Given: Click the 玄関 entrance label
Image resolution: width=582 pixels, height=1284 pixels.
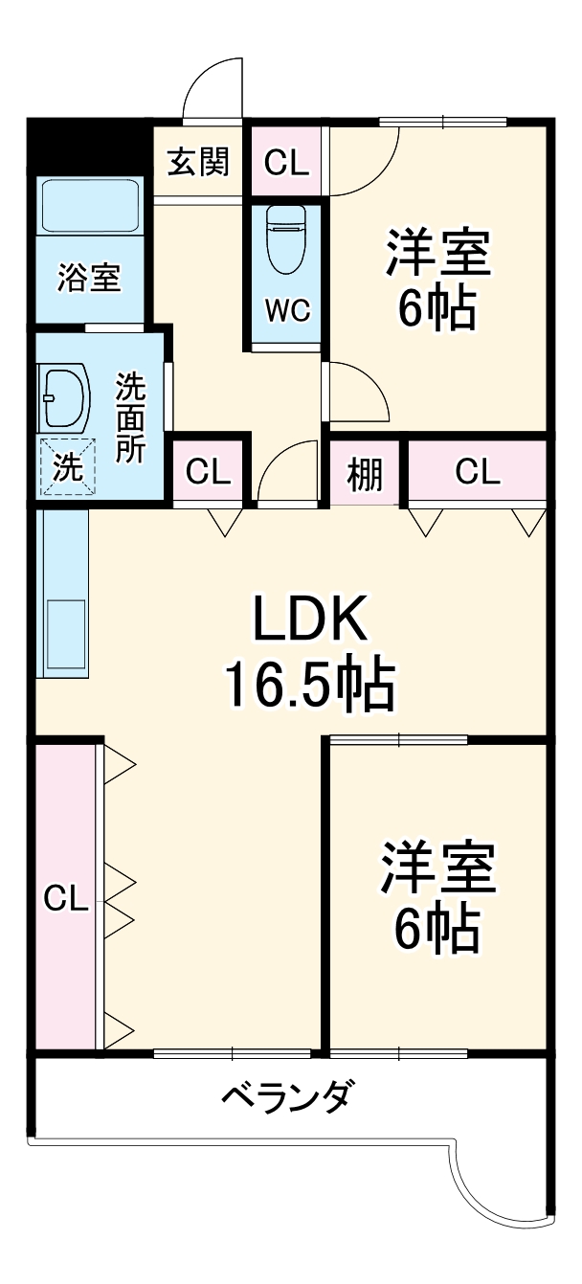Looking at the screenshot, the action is click(199, 163).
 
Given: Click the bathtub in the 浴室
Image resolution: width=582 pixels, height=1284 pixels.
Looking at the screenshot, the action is click(91, 204).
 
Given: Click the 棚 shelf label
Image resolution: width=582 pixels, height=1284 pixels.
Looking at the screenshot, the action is click(364, 471).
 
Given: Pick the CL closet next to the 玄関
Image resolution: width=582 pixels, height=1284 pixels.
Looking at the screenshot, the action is click(287, 163).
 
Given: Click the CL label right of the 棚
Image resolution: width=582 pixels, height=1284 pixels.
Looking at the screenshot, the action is click(477, 471).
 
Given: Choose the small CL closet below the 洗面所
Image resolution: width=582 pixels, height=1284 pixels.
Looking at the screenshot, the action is click(209, 471).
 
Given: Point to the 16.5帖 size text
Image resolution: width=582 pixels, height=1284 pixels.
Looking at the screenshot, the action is click(308, 682).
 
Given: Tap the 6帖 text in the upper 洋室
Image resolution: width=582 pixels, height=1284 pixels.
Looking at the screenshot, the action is click(437, 308).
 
